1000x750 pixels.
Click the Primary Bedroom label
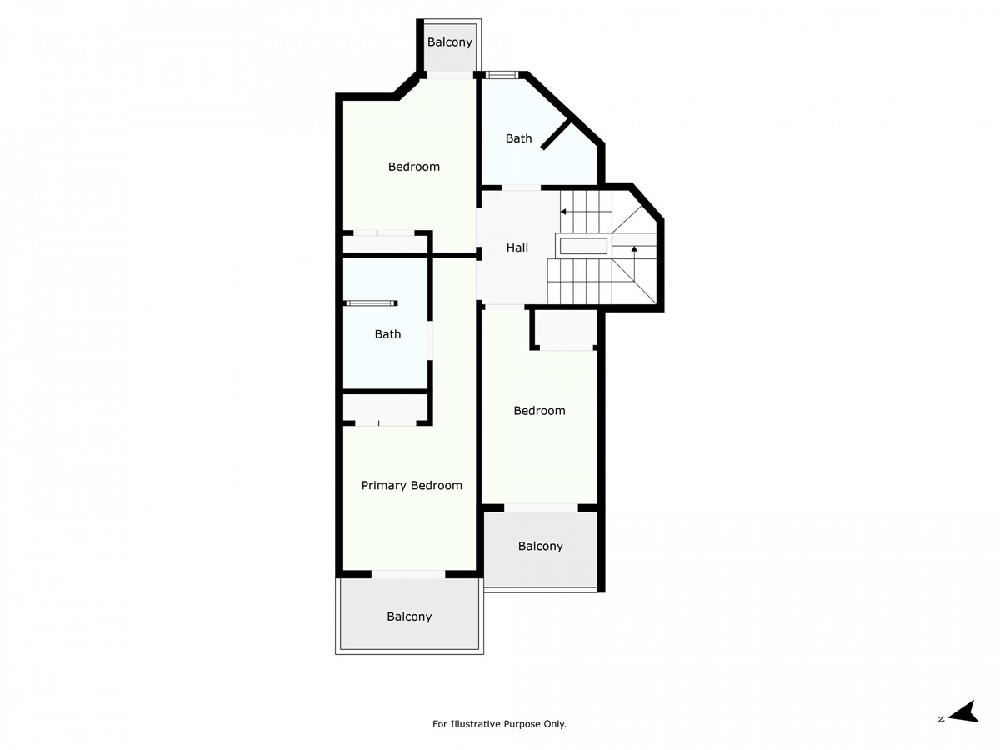(x=412, y=486)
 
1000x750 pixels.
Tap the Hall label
(x=517, y=247)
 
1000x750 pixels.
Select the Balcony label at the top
(x=449, y=42)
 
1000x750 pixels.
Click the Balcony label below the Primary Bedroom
(x=409, y=617)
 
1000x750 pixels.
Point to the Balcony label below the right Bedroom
(x=540, y=546)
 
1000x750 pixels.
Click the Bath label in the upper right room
(x=518, y=138)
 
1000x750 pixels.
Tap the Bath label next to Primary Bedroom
(x=387, y=334)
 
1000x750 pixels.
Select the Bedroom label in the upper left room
(x=413, y=167)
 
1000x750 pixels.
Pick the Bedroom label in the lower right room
(x=539, y=411)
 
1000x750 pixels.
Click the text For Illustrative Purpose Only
(x=499, y=724)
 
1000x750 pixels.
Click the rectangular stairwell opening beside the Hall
(x=583, y=247)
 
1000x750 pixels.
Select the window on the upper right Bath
(x=501, y=75)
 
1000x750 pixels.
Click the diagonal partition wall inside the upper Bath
(x=556, y=134)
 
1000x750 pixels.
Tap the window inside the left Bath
(x=372, y=303)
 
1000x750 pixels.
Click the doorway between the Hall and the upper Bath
(x=521, y=187)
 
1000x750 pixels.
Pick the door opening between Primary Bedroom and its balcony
(x=408, y=575)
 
